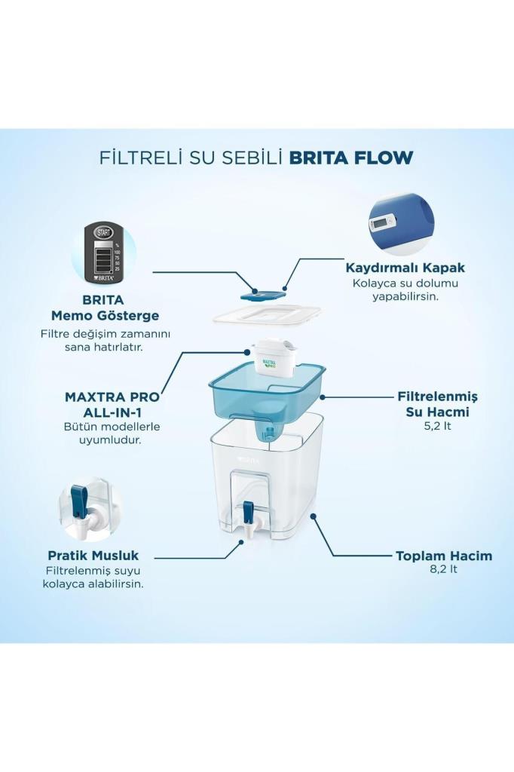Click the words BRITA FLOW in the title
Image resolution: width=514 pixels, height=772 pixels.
[351, 158]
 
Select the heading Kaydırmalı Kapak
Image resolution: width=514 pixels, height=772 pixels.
[405, 268]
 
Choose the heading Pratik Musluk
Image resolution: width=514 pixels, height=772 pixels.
[93, 556]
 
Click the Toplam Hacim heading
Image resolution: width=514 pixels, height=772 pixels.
[444, 556]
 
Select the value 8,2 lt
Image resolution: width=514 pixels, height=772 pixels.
[444, 570]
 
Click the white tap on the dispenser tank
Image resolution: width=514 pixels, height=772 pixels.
[248, 517]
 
